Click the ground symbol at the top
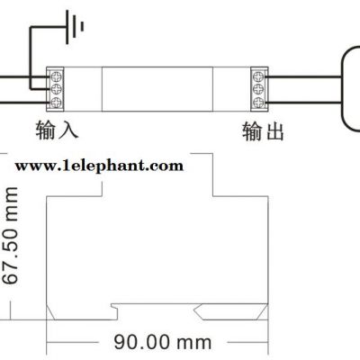tap(74, 27)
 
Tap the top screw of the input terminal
tap(56, 76)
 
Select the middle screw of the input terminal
tap(56, 89)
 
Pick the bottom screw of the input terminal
tap(56, 103)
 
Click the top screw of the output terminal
tap(258, 76)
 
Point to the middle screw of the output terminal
tap(258, 89)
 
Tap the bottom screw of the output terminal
tap(258, 103)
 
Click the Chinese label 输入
tap(57, 130)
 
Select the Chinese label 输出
tap(263, 131)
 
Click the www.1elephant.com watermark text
tap(99, 166)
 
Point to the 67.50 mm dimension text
tap(11, 236)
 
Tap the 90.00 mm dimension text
tap(163, 342)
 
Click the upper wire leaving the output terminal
tap(303, 77)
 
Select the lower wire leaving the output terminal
tap(303, 103)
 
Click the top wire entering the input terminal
tap(24, 77)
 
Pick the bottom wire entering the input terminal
tap(24, 103)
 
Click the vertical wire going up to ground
tap(31, 58)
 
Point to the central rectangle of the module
tap(157, 89)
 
